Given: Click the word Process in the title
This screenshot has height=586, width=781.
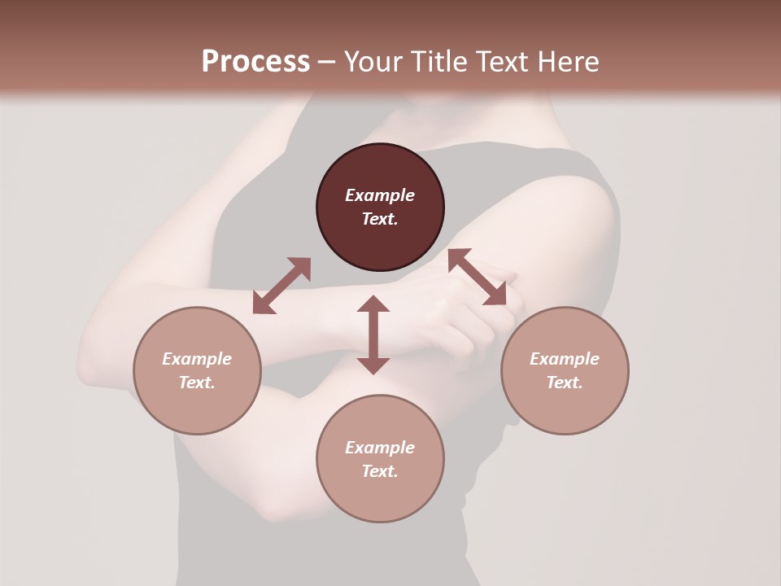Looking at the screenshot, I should tap(255, 61).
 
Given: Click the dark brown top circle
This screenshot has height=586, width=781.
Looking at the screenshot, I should tap(380, 171).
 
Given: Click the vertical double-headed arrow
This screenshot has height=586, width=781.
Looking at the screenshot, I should tap(373, 335).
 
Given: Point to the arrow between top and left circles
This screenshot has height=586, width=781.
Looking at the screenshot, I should tap(281, 286).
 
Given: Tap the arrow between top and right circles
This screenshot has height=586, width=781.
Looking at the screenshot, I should tap(478, 277).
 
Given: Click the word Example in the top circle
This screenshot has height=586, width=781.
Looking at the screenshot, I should tap(380, 195).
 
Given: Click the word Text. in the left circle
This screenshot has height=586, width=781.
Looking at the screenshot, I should tap(197, 383).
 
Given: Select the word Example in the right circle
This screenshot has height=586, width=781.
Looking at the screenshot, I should tap(565, 359).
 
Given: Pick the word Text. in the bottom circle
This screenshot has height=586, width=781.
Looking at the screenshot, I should tap(380, 471).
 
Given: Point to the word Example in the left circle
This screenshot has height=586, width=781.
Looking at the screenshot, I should tap(197, 359).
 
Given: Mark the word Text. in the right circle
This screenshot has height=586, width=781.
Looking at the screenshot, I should tap(565, 383).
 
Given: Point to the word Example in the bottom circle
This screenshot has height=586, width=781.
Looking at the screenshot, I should tap(380, 448).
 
